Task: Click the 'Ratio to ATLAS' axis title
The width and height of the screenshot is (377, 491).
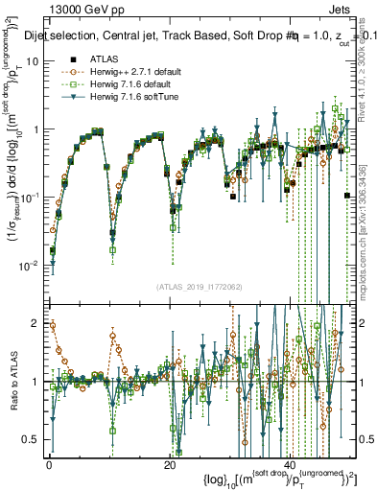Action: coord(12,384)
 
